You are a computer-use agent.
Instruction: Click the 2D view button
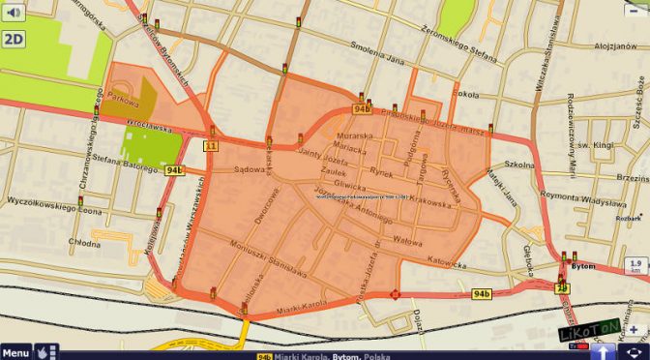[x=14, y=39]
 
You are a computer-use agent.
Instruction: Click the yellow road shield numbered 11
[x=210, y=146]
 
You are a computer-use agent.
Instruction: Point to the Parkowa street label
[x=124, y=99]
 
